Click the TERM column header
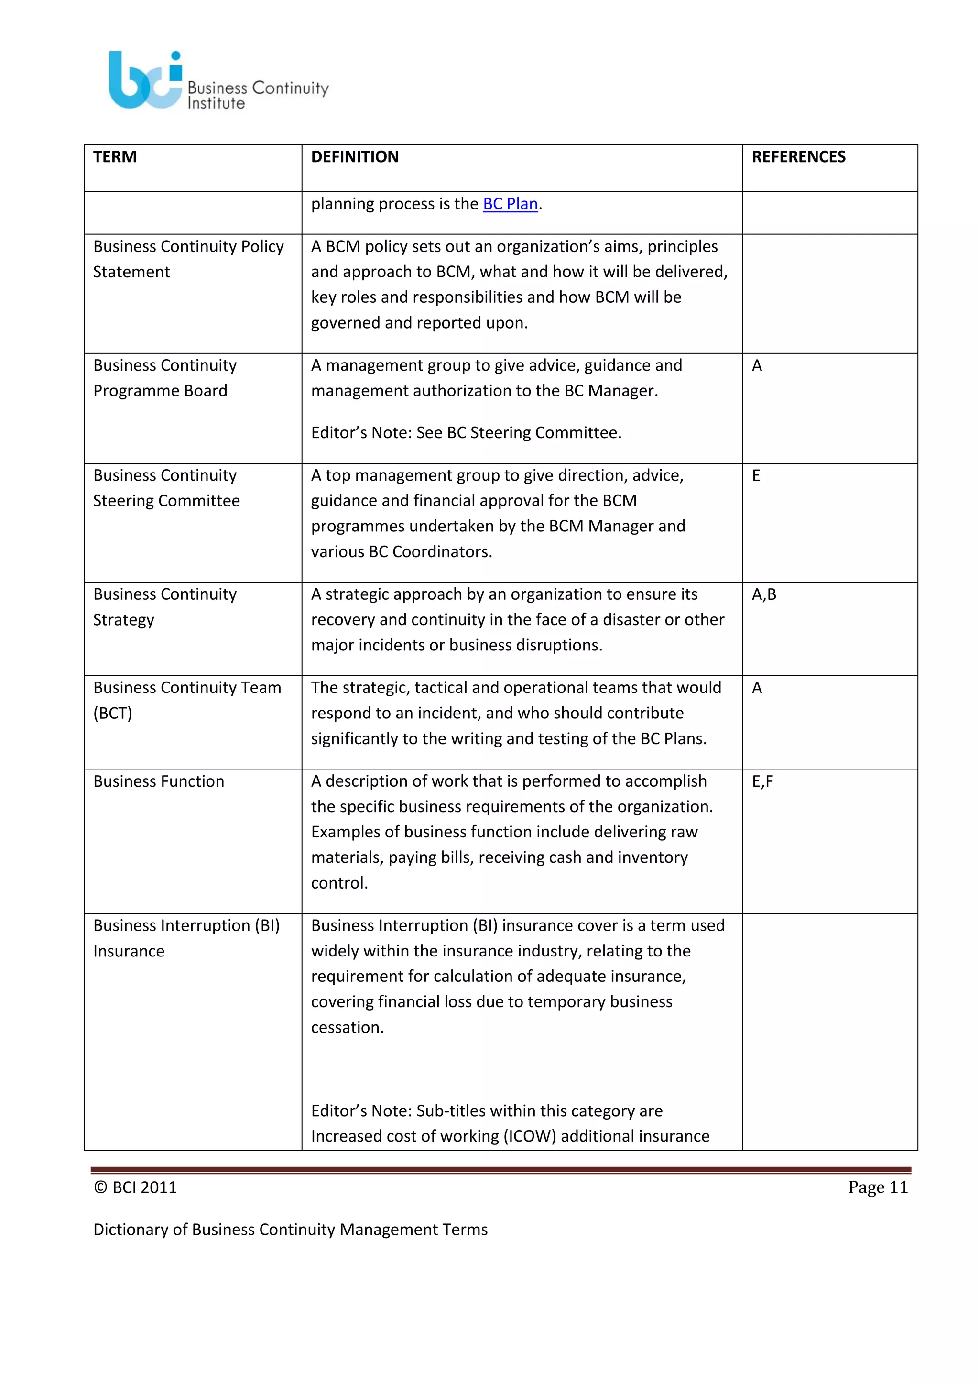pos(115,157)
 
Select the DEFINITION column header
pos(355,157)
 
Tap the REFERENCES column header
pos(798,157)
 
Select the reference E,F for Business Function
pos(762,782)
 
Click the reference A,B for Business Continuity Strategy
pos(764,595)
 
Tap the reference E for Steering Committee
pos(756,476)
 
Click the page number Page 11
pos(877,1187)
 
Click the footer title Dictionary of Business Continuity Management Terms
pos(290,1230)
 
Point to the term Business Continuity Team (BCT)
pos(187,700)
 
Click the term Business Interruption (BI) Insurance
pos(186,937)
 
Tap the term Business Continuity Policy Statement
pos(188,259)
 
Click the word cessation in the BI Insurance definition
pos(347,1027)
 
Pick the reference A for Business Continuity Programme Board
pos(757,366)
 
